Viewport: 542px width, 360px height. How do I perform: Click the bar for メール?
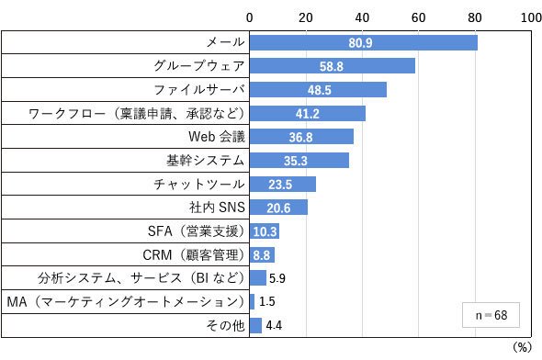364,43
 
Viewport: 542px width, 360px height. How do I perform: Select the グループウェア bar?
333,66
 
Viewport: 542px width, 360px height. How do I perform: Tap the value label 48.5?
320,90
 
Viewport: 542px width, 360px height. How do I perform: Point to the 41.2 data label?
308,114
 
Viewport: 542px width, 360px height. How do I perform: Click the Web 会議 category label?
217,137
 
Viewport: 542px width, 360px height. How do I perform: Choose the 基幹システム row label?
206,161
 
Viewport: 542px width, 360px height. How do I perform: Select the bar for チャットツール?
283,185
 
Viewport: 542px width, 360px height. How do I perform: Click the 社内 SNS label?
217,208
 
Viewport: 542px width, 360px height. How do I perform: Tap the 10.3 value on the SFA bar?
265,231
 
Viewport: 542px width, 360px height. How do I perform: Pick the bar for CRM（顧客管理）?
263,255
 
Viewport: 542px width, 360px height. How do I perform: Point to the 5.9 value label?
277,278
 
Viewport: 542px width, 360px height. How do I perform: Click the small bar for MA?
252,302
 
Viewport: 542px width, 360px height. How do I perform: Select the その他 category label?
225,325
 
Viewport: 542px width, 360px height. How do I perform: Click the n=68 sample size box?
491,315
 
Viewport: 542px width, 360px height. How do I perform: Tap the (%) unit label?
522,347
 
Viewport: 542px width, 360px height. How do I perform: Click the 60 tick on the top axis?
418,17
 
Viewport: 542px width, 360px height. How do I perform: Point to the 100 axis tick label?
531,17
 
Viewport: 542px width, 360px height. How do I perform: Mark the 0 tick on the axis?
250,17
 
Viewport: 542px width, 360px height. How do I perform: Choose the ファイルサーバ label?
199,90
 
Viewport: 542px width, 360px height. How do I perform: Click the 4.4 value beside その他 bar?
274,325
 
